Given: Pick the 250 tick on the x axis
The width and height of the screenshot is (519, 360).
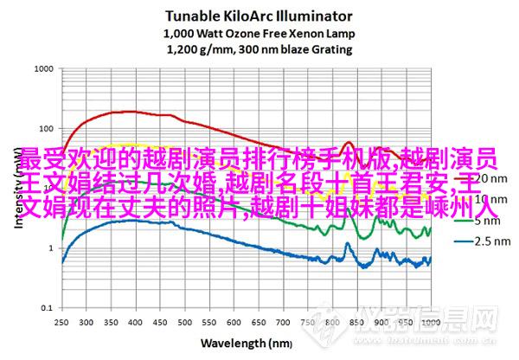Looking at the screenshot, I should pyautogui.click(x=60, y=321).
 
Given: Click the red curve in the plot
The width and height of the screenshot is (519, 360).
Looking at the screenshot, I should pyautogui.click(x=130, y=112).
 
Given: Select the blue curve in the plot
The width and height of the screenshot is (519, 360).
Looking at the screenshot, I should pyautogui.click(x=130, y=222).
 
